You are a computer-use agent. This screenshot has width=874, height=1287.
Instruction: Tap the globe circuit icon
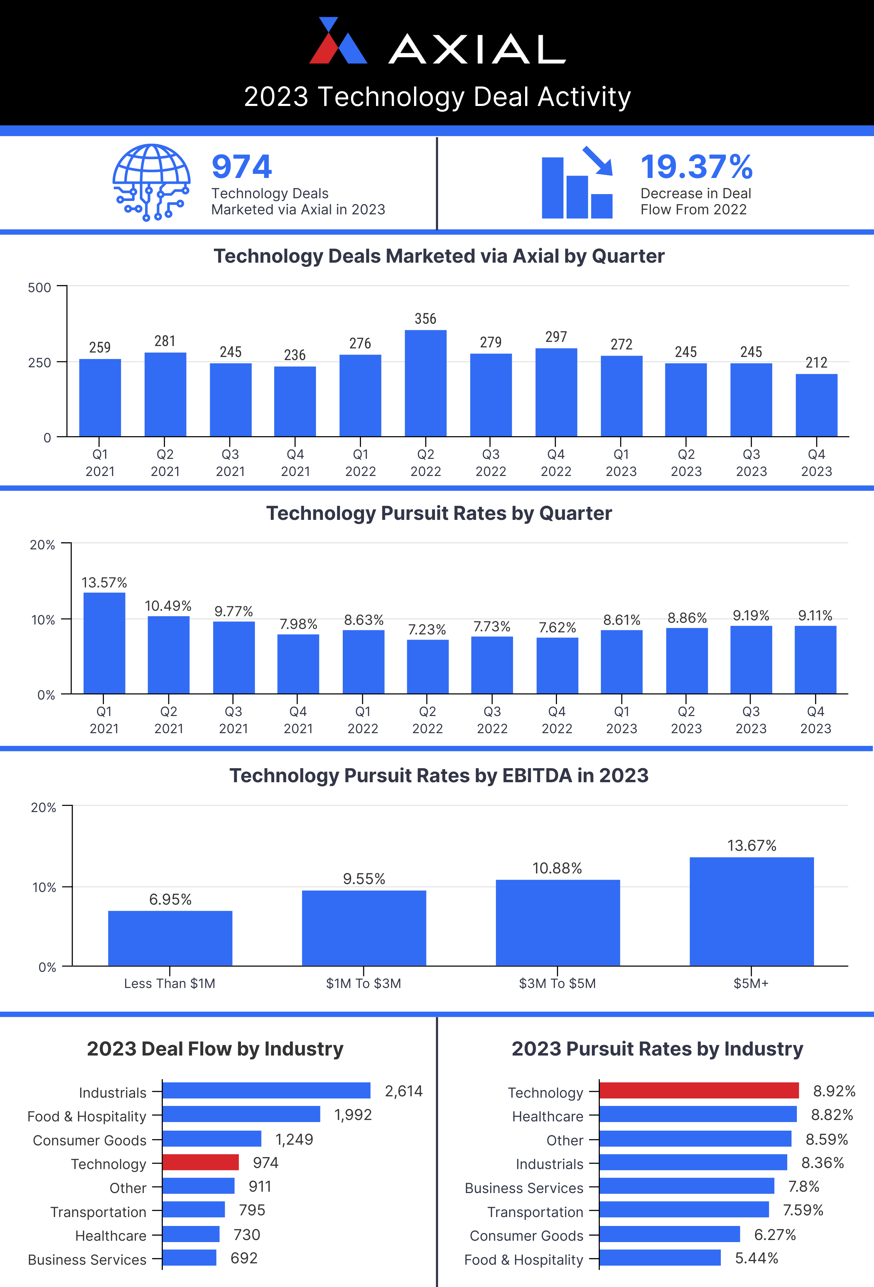151,182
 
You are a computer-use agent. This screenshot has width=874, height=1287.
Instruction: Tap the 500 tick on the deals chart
39,287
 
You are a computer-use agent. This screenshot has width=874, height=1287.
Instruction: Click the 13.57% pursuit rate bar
104,643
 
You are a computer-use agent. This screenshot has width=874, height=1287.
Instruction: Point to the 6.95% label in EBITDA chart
170,899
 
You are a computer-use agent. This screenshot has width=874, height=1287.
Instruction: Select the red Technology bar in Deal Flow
201,1163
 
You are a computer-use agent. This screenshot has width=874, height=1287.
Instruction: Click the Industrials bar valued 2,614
266,1091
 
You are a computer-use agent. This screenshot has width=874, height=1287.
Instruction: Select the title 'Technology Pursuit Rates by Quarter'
439,513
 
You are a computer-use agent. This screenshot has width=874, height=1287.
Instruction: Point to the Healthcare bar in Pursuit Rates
697,1114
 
